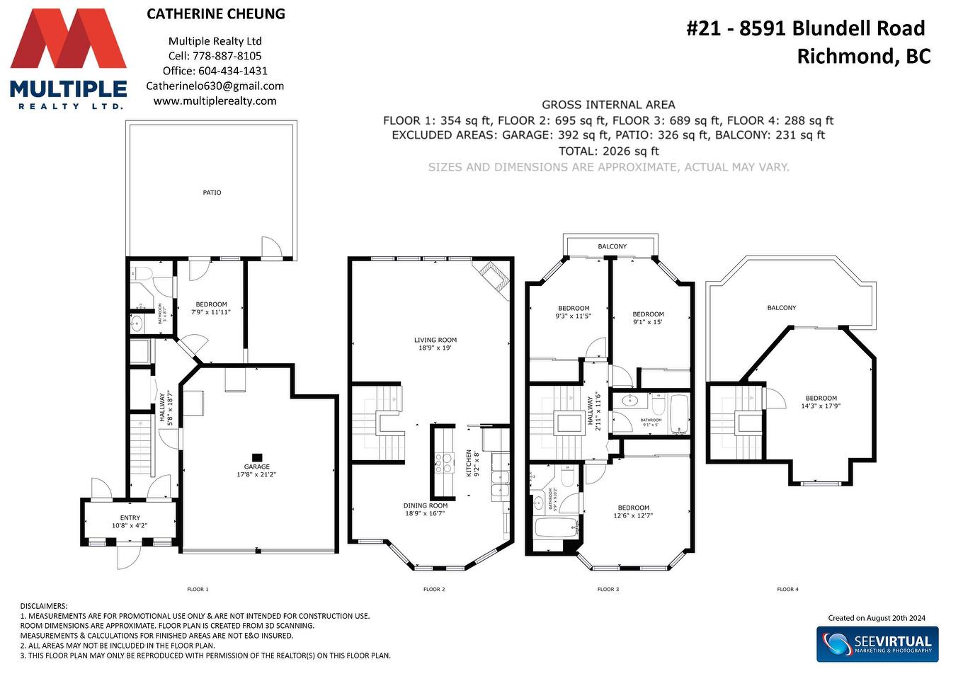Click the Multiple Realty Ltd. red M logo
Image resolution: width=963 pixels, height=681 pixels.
tap(68, 39)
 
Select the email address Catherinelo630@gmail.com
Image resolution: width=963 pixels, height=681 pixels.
tap(215, 86)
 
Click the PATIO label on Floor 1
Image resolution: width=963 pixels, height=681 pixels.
tap(212, 193)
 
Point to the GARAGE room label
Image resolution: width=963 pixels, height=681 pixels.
tap(257, 467)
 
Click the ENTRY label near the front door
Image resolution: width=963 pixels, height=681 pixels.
tap(130, 518)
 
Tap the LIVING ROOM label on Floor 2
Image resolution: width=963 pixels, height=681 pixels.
tap(435, 340)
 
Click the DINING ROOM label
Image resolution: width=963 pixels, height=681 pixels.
tap(426, 505)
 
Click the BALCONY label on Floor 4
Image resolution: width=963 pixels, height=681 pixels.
tap(782, 308)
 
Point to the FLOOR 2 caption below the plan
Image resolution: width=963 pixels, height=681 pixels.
tap(434, 589)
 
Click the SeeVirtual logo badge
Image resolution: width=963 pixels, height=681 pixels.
tap(877, 644)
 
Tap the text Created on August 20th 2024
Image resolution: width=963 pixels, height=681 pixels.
tap(877, 618)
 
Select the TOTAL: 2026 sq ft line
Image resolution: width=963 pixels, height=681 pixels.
tap(608, 151)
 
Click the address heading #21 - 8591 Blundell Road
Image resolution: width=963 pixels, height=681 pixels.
tap(806, 28)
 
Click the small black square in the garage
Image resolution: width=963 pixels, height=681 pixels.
tap(257, 457)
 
